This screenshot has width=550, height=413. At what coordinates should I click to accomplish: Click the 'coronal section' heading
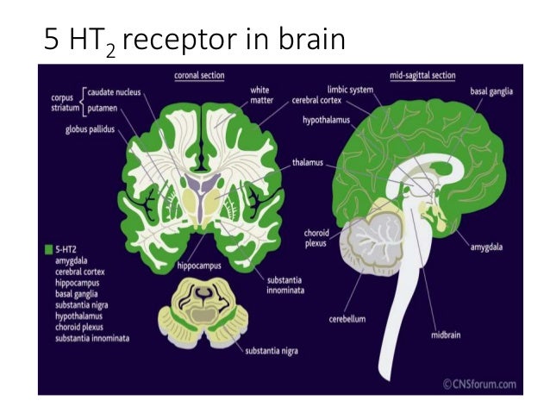pyautogui.click(x=200, y=75)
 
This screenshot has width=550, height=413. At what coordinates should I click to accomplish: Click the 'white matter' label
pyautogui.click(x=260, y=96)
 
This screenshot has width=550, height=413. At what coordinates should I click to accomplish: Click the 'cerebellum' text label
pyautogui.click(x=347, y=319)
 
